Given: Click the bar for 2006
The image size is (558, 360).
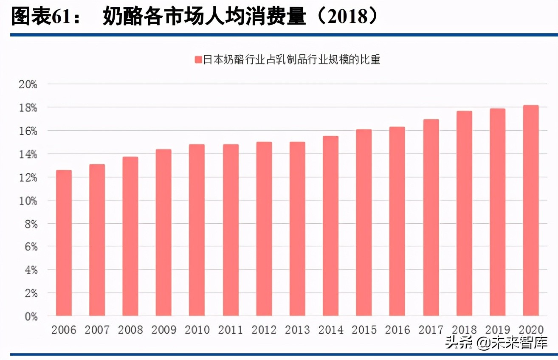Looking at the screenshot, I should click(64, 243).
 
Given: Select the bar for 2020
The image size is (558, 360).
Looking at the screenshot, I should click(531, 211).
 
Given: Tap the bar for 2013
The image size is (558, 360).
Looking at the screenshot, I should click(297, 229).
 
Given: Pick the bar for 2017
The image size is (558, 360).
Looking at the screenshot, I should click(431, 217).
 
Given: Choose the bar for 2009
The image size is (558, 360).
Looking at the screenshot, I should click(163, 233).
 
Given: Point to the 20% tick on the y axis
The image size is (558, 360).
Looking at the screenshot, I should click(28, 84).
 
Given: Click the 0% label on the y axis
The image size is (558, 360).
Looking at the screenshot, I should click(30, 316).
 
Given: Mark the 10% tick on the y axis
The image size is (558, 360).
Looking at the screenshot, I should click(28, 200).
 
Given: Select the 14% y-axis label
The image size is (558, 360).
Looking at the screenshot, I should click(28, 154).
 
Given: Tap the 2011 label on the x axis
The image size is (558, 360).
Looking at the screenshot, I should click(230, 330).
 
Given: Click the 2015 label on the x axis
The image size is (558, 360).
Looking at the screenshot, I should click(364, 330).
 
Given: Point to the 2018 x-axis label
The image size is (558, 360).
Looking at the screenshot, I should click(464, 330).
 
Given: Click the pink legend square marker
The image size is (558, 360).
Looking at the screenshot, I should click(198, 60).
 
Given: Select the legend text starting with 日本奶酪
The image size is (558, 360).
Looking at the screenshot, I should click(291, 60).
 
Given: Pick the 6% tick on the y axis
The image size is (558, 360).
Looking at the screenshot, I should click(30, 247).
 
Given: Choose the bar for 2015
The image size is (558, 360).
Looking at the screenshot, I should click(364, 222).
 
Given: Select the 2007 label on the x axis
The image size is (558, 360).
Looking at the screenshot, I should click(97, 330).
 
